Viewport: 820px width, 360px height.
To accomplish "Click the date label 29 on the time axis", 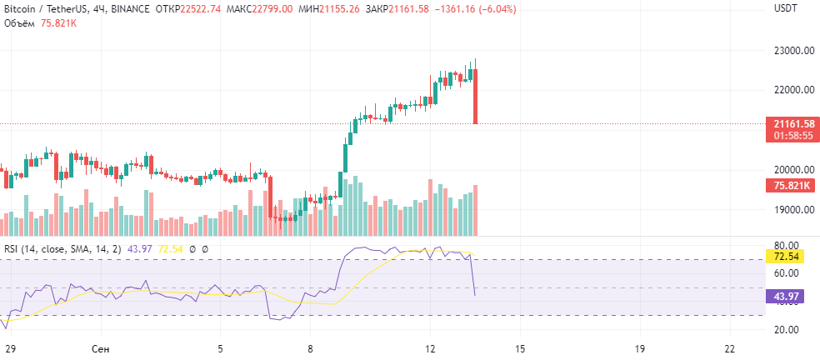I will pyautogui.click(x=9, y=348).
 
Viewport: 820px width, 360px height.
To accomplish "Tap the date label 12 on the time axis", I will pyautogui.click(x=430, y=348).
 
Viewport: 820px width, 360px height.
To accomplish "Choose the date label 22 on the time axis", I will pyautogui.click(x=730, y=348).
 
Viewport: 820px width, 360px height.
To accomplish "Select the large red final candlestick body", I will pyautogui.click(x=475, y=97).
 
